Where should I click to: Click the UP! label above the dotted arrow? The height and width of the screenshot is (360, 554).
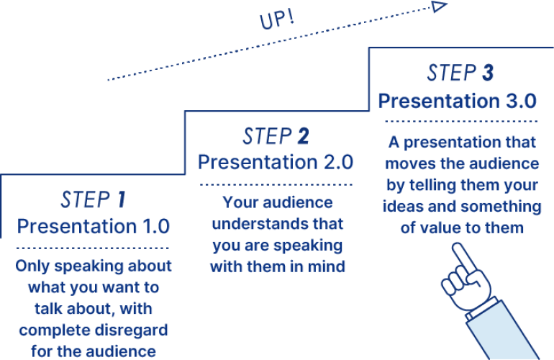(x=277, y=21)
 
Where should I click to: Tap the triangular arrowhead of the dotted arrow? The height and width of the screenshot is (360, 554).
(x=440, y=6)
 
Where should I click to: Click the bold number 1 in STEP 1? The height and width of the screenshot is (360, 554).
(x=121, y=199)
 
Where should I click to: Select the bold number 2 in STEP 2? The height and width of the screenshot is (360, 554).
(x=303, y=136)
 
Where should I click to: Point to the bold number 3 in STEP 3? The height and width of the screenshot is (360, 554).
(x=488, y=73)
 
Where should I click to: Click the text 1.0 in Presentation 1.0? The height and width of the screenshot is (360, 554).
(x=156, y=226)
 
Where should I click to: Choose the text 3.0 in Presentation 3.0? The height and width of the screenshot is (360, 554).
(x=522, y=101)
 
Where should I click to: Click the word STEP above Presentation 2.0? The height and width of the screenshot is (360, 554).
(x=267, y=136)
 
